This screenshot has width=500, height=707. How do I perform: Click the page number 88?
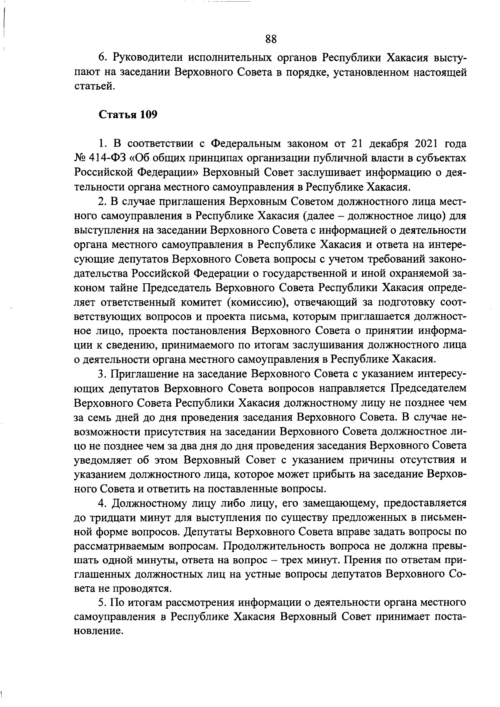271,39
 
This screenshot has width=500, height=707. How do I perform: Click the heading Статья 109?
128,115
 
